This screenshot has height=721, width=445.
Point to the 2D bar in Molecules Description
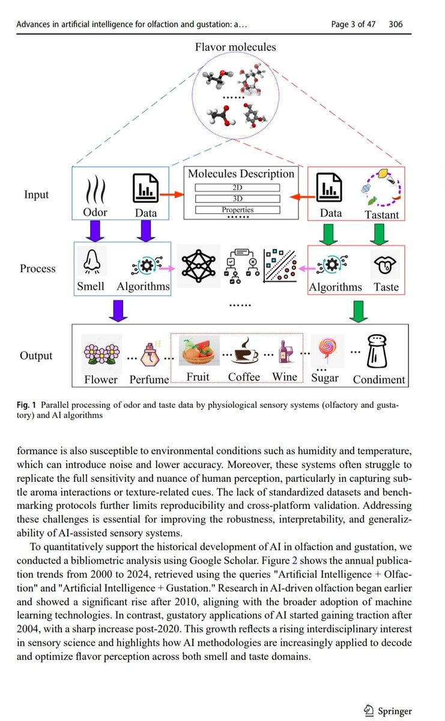[x=238, y=187]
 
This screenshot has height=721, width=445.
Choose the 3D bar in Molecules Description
[x=238, y=199]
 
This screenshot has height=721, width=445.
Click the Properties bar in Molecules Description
[x=238, y=210]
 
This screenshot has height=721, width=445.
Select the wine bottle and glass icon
[x=285, y=351]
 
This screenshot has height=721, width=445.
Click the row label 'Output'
[x=36, y=356]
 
